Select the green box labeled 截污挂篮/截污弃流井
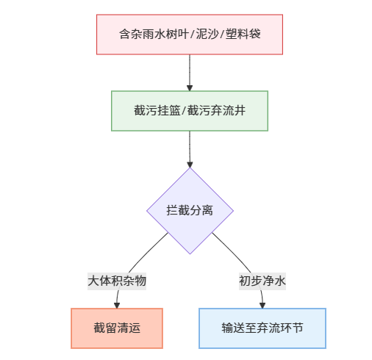point(189,110)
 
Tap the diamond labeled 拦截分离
point(190,211)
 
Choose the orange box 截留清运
point(116,328)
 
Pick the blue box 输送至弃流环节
point(262,328)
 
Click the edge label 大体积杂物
point(117,281)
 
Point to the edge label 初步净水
point(262,281)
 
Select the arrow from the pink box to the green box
point(190,72)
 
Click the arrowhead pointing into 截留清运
point(117,304)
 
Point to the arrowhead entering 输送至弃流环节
point(262,304)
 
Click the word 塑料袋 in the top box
point(243,35)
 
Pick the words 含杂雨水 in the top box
point(140,35)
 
